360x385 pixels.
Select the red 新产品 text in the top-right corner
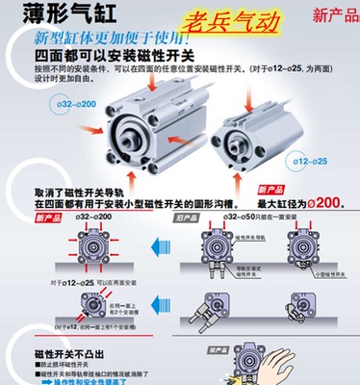330,16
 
